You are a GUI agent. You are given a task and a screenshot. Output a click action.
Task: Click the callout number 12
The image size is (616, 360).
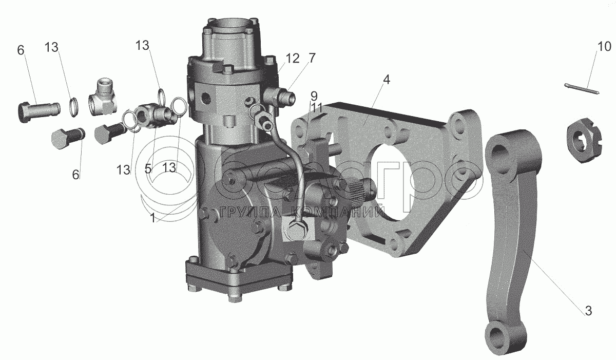[292, 59]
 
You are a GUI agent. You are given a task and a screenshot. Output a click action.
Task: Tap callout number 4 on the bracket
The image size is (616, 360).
[386, 80]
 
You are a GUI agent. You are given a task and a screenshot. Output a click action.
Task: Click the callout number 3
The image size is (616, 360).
[588, 311]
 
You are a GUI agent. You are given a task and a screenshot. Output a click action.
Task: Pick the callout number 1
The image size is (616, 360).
[152, 217]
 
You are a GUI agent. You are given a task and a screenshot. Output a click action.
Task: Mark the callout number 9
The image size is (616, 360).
[313, 96]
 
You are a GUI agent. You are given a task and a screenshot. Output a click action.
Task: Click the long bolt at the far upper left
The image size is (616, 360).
[34, 110]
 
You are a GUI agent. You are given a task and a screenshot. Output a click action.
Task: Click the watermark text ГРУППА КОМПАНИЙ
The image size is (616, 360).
[302, 212]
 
